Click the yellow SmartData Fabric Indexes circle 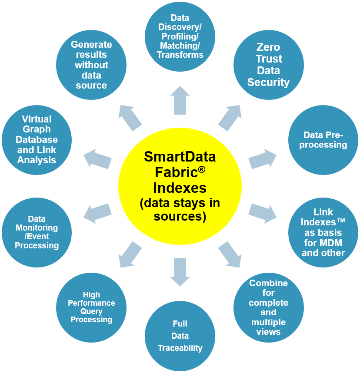coord(180,186)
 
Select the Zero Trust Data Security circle coord(268,65)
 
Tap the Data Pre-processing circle coord(323,140)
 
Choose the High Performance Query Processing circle coord(91,307)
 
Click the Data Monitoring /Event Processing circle coord(37,232)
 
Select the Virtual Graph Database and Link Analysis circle coord(37,139)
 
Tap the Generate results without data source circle coord(91,65)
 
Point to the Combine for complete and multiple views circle coord(268,307)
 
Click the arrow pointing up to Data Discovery coord(180,101)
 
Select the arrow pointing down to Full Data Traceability coord(180,271)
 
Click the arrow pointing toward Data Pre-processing coord(262,158)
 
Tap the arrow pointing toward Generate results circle coord(130,118)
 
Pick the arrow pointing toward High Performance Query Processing coord(130,254)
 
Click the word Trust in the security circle coord(269,59)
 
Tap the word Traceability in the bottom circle coord(180,348)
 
